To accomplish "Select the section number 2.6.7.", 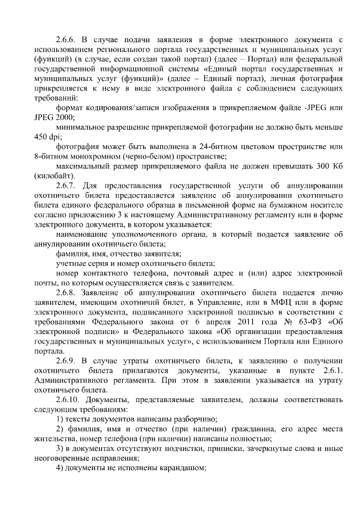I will point(66,186).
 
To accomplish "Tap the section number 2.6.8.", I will point(66,293).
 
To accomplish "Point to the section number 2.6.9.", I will point(66,359).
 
